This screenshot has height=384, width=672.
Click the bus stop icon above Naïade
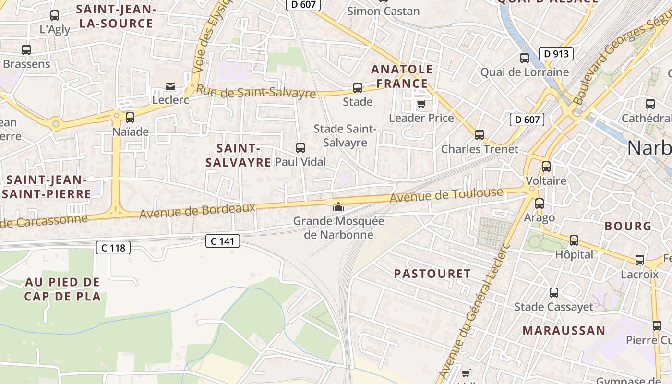coord(130,118)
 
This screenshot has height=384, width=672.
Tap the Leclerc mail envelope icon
coord(170,86)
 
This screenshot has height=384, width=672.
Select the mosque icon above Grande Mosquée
coord(338,207)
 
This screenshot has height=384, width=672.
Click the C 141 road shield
coord(223,241)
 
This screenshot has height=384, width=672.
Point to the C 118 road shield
coord(113,248)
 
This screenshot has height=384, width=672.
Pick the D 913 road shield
coord(556,54)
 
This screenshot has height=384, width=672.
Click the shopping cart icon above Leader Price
coord(421,104)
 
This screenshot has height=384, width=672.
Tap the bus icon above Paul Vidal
coord(300,148)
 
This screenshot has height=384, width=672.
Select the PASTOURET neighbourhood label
coord(432,274)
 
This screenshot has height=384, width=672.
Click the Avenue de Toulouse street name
coord(446,195)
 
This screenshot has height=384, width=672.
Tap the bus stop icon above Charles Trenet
coord(479,135)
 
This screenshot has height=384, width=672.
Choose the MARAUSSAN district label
coord(564,331)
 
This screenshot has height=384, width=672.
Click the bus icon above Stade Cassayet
coord(553,293)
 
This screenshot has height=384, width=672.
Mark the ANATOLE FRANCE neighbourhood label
coord(402,76)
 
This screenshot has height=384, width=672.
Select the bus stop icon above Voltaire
coord(546,167)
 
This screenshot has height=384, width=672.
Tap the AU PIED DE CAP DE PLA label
coord(62,289)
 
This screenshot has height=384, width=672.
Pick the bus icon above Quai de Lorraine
coord(525,58)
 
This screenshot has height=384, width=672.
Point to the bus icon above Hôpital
coord(574,240)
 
